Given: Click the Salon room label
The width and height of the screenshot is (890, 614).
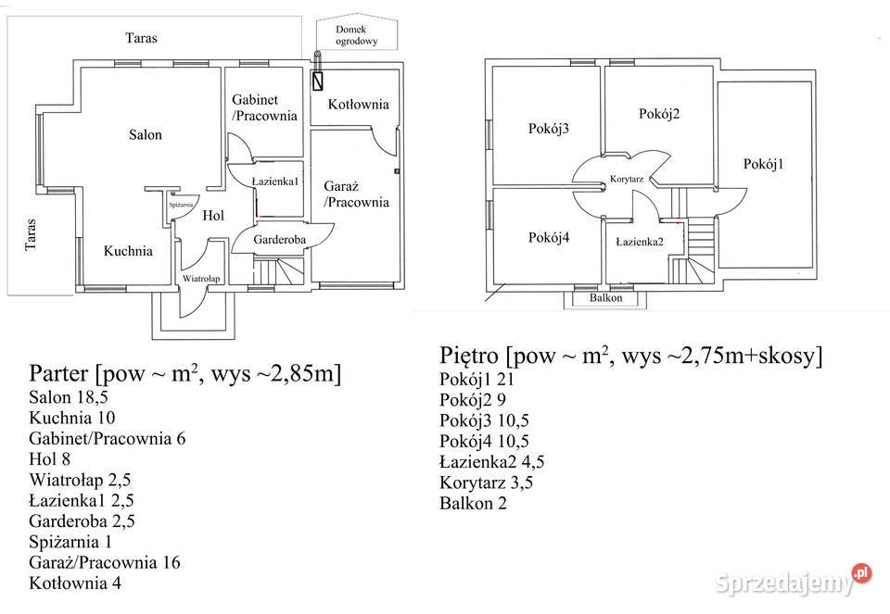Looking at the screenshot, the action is (146, 135).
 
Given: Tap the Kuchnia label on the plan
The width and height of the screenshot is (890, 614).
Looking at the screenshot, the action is (128, 251).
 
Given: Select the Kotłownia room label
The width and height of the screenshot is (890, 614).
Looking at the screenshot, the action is (358, 105).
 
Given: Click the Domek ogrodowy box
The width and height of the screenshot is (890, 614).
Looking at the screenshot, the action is (356, 34).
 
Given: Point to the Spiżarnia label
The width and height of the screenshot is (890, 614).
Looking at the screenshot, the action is (181, 205).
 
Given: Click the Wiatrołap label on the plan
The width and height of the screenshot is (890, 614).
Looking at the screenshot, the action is (201, 279).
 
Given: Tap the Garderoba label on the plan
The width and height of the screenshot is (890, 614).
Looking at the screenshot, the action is (279, 239).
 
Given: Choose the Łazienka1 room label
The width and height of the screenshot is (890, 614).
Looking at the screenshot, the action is (275, 182).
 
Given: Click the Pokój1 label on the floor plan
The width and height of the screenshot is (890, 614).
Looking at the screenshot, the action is (763, 165).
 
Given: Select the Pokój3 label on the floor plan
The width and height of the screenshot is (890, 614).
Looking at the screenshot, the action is (548, 129).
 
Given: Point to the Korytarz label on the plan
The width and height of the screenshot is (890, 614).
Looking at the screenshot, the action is (627, 179).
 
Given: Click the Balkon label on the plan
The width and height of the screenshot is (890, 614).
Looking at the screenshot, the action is (605, 297).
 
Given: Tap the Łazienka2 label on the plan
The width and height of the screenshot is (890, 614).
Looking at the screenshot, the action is (640, 242).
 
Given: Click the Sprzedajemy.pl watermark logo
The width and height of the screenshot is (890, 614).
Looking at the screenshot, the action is (793, 581).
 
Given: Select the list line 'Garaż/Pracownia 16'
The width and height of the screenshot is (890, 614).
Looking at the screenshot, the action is (105, 562).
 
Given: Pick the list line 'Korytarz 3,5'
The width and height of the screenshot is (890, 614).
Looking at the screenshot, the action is (487, 483).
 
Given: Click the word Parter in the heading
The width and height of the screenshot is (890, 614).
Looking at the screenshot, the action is (59, 373).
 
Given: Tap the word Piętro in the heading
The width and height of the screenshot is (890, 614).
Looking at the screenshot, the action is (469, 356).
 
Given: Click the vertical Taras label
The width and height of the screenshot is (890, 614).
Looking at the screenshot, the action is (31, 234).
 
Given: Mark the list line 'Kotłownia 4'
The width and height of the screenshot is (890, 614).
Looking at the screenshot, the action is (75, 583).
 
